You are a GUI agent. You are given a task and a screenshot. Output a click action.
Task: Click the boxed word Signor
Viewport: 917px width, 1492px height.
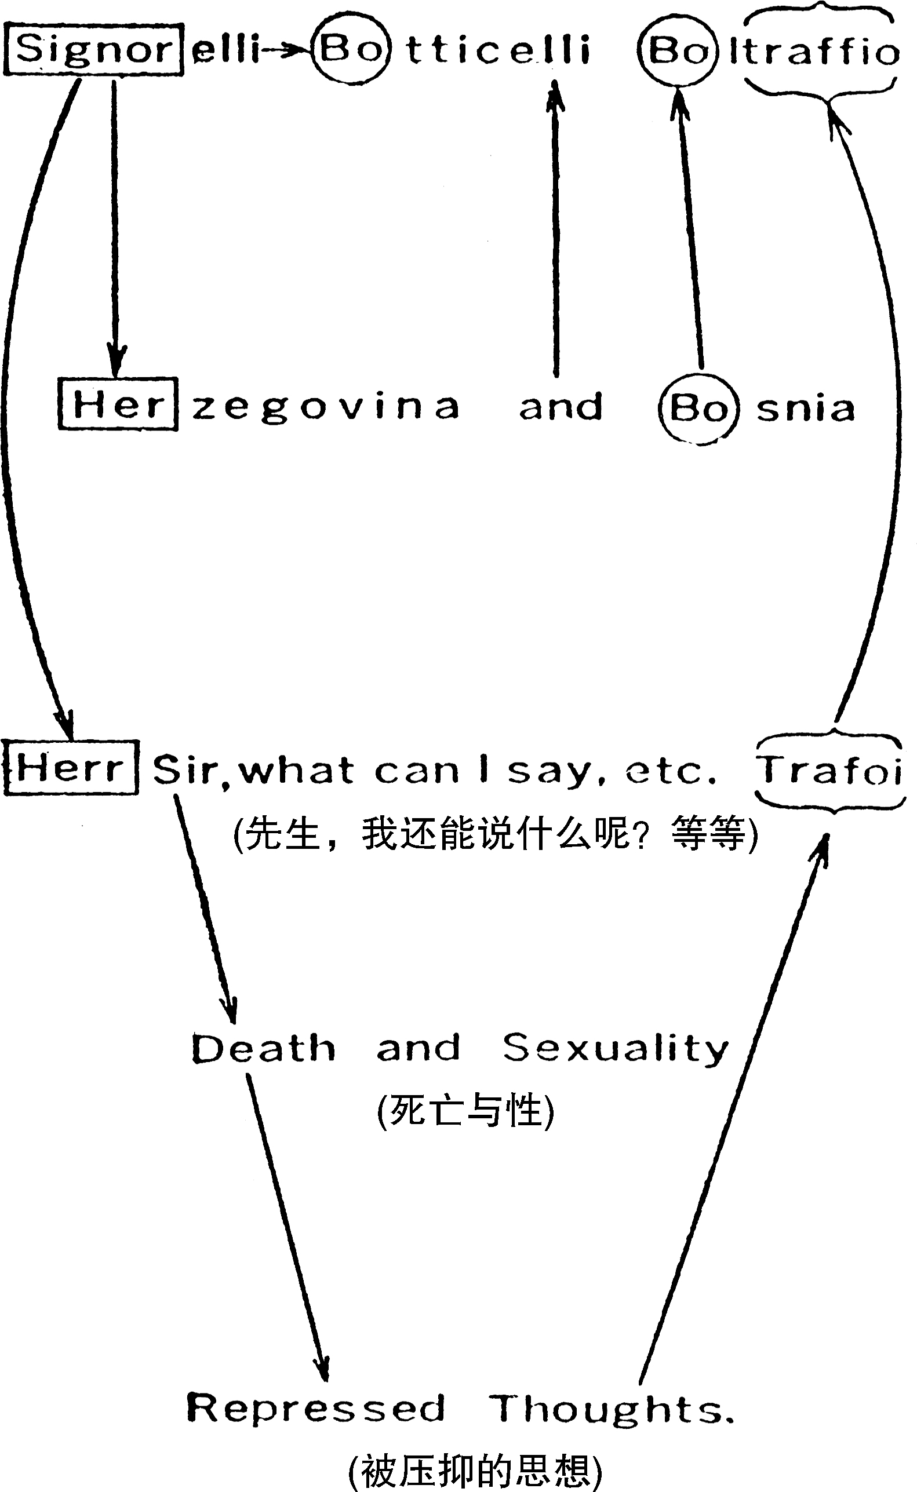tap(94, 50)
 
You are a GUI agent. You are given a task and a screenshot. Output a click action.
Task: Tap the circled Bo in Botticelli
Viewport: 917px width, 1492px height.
tap(350, 49)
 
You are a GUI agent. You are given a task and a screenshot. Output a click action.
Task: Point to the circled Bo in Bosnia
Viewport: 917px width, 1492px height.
tap(698, 408)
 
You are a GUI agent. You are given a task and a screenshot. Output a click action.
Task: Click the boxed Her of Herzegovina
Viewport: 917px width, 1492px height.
tap(118, 404)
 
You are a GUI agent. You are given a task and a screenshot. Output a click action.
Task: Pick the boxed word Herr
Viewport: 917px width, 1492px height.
tap(71, 768)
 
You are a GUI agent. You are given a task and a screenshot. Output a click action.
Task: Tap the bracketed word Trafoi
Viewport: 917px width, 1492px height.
tap(829, 770)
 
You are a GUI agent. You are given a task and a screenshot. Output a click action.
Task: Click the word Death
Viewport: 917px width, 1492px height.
tap(263, 1049)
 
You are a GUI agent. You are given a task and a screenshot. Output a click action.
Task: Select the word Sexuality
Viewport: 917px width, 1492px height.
tap(615, 1049)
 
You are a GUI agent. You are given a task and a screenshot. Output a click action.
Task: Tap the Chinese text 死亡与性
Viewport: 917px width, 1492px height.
tap(466, 1111)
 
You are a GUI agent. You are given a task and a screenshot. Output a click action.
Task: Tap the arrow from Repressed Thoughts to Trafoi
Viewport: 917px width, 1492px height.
tap(734, 1110)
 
